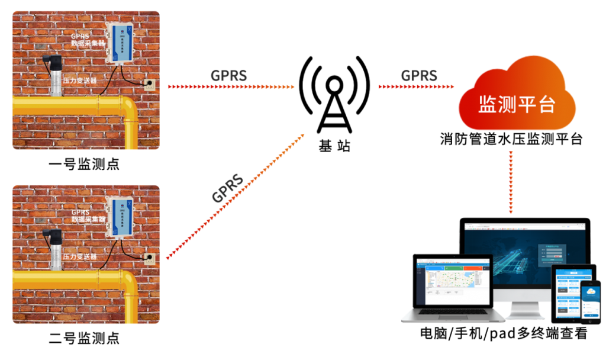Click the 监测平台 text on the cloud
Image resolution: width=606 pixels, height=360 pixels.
517,104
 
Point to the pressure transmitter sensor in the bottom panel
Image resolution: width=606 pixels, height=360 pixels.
55,249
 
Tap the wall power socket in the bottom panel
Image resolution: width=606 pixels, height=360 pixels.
149,258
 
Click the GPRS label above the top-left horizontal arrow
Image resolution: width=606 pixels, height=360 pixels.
228,76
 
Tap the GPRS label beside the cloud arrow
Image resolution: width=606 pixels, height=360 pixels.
418,76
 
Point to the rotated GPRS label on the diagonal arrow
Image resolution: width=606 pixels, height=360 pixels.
227,188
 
